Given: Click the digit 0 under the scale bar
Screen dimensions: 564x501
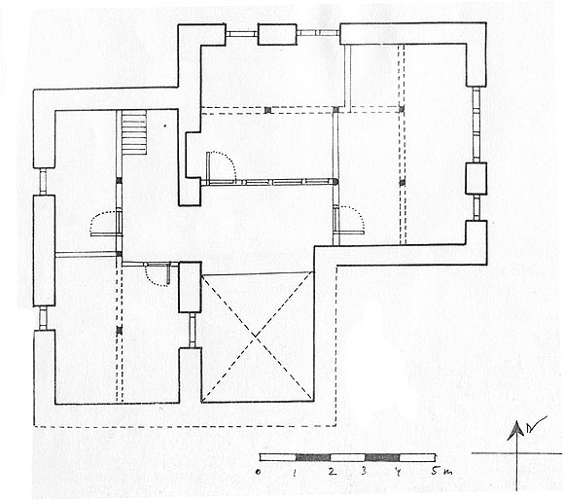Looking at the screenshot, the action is (259, 472).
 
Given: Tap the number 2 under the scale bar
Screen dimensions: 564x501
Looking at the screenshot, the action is (333, 471).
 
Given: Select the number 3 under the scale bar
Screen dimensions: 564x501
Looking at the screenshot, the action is (364, 471).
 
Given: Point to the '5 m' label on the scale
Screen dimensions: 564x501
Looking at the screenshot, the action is (441, 471).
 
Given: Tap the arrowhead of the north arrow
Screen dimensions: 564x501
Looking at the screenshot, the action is (516, 430).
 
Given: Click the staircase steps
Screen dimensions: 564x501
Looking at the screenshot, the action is (134, 132).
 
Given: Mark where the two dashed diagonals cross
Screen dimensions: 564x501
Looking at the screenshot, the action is (256, 337).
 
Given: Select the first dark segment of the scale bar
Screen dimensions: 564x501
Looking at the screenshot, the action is (313, 457).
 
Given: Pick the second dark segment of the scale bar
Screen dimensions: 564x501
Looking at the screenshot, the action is (382, 457).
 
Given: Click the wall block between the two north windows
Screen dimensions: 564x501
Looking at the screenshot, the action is (277, 35).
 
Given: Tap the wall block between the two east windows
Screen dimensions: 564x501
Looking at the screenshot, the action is (476, 179).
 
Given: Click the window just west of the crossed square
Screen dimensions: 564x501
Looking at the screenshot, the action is (193, 330).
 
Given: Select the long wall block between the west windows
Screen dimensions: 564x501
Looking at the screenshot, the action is (44, 251).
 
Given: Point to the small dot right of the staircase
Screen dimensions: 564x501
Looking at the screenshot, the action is (164, 125).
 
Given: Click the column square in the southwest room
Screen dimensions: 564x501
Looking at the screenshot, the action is (120, 330).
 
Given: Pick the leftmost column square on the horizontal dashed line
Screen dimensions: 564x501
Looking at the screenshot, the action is (267, 110).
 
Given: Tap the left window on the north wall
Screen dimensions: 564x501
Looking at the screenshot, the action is (242, 34).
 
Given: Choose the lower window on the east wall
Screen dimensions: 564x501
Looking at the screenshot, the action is (476, 207).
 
